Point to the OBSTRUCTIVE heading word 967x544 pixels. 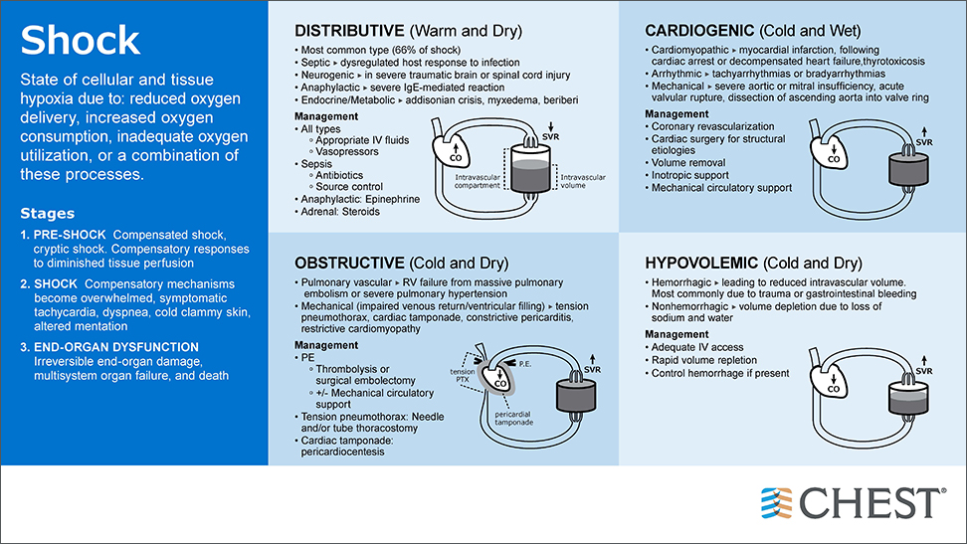[x=347, y=263]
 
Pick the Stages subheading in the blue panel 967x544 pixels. [x=47, y=213]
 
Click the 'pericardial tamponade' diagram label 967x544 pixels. [x=518, y=418]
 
